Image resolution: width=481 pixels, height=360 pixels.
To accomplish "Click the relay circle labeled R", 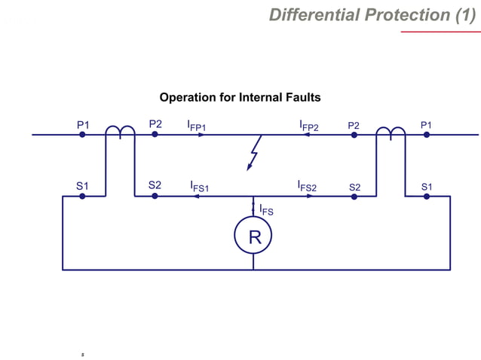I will (253, 237).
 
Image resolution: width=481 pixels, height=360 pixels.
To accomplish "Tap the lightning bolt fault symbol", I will (255, 154).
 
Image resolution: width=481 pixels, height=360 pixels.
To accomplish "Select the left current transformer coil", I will (119, 133).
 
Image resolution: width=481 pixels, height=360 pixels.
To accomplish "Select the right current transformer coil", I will (391, 133).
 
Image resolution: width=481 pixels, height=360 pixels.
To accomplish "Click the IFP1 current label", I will (197, 125).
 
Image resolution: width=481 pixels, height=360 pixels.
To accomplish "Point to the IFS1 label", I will (199, 185).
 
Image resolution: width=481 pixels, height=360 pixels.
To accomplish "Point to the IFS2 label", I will (308, 185).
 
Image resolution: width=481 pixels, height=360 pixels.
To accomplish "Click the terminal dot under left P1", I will (82, 135).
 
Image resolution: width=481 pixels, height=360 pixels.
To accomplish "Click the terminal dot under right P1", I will (427, 135).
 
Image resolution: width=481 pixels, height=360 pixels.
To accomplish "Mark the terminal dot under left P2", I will (155, 135).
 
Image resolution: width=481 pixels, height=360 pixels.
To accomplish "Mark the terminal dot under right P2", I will (354, 135).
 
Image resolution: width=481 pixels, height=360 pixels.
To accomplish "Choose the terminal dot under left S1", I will (82, 196).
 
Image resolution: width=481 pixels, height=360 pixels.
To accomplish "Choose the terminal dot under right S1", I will (427, 196).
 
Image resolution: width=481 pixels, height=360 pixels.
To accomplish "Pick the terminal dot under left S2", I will (155, 196).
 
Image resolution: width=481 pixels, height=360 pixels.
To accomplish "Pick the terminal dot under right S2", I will (354, 196).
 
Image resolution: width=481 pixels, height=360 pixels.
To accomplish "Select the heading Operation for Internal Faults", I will (240, 97).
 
